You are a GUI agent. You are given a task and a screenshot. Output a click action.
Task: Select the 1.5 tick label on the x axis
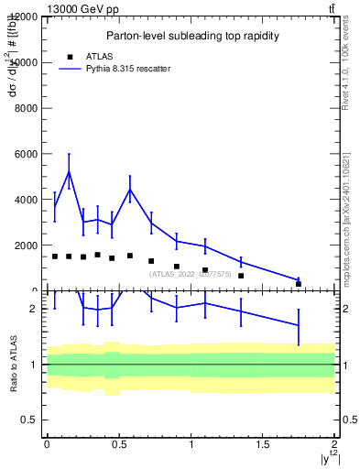click(x=263, y=444)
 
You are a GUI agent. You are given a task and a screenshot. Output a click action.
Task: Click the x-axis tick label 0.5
click(x=119, y=444)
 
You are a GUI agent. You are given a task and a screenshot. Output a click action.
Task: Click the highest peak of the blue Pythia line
click(x=69, y=171)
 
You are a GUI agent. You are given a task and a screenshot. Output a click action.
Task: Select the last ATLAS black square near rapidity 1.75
click(x=299, y=284)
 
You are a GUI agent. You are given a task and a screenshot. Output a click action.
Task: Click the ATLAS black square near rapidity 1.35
click(x=241, y=276)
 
